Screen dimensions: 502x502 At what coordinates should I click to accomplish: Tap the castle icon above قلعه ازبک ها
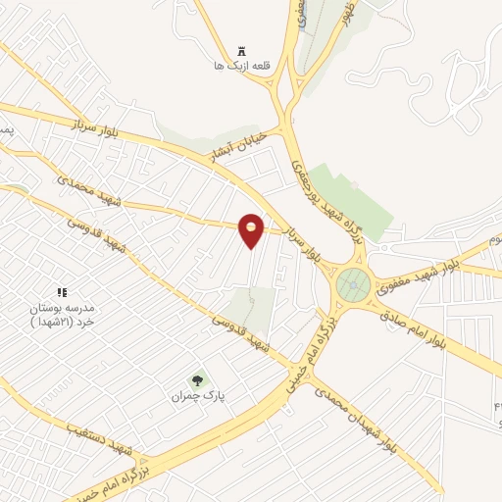click(242, 50)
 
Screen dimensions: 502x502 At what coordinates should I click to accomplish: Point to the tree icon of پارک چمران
click(197, 380)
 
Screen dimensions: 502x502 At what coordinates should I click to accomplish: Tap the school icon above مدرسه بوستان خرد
click(62, 292)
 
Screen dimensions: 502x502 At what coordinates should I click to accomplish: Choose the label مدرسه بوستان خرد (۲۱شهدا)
click(62, 315)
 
